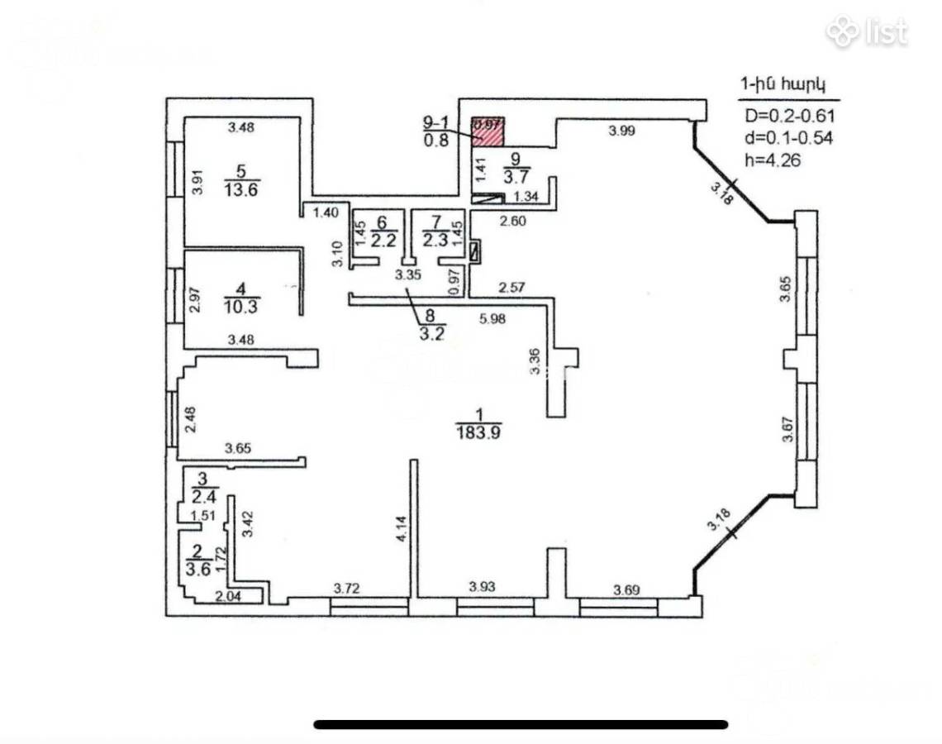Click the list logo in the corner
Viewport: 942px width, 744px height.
(x=867, y=32)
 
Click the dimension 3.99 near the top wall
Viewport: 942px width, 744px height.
(x=621, y=130)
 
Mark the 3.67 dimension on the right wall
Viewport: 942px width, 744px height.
(x=787, y=430)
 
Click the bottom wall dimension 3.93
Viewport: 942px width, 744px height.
(x=483, y=587)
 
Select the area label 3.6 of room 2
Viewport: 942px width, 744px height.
(x=197, y=568)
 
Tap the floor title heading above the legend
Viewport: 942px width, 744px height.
(x=783, y=84)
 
